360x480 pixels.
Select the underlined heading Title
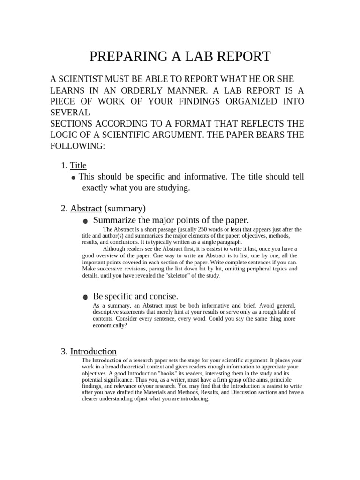78,165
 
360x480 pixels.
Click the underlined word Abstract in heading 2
86,208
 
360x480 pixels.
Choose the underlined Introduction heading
93,351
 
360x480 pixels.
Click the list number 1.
64,165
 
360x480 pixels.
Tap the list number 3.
64,351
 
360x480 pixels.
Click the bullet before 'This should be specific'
74,178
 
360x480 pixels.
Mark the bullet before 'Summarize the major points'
85,221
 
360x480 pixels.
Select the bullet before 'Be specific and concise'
85,297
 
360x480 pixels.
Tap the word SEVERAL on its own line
70,113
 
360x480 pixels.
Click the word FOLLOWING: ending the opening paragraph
78,146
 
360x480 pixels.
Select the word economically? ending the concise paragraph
110,325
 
